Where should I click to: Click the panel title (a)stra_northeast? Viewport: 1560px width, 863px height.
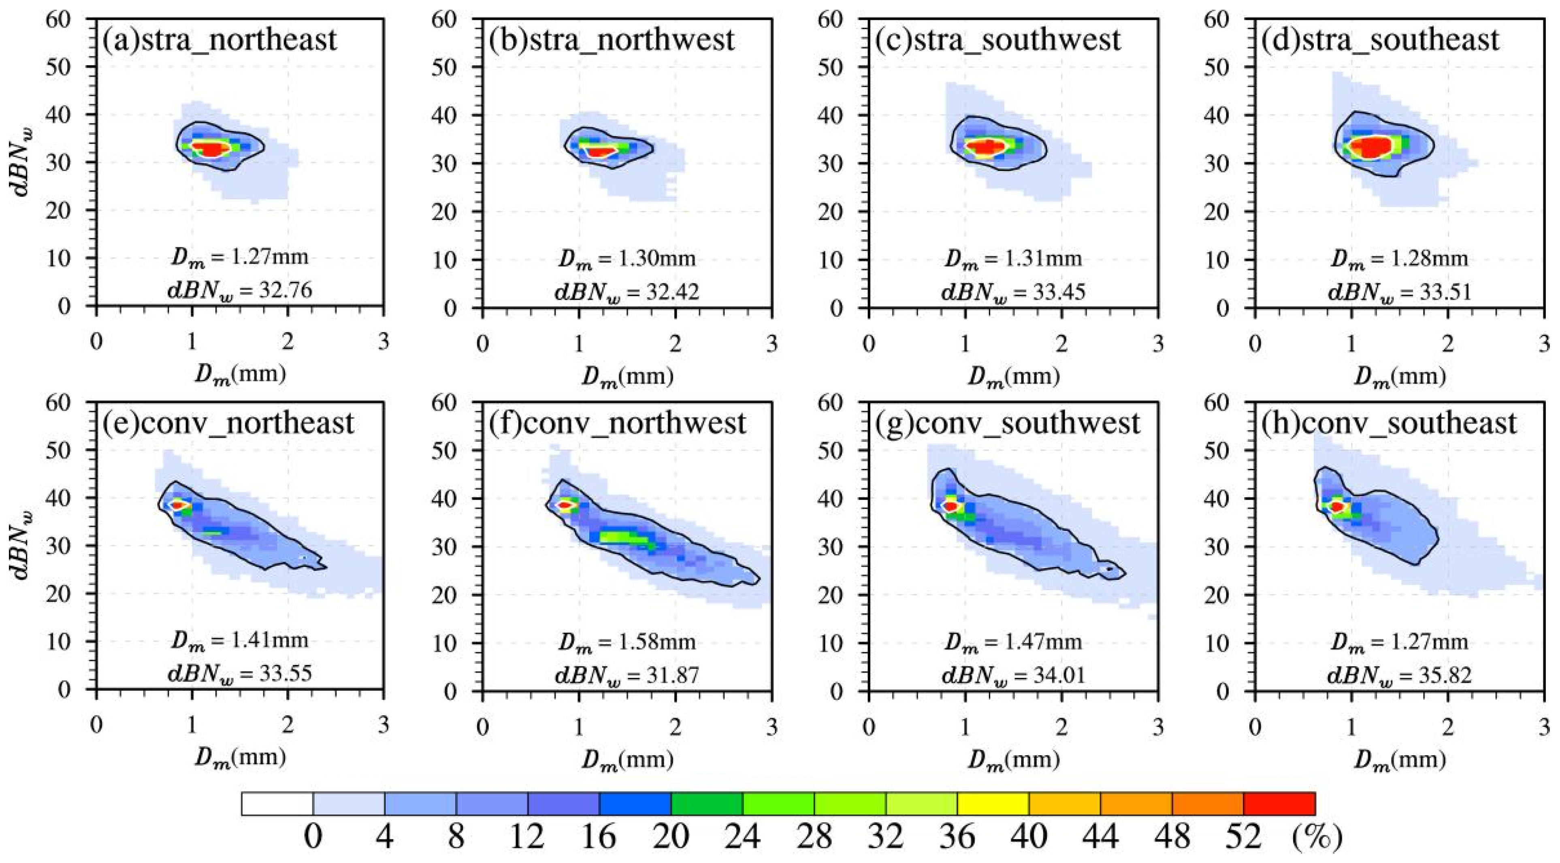click(x=219, y=40)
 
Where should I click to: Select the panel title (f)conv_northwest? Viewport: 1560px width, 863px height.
click(x=617, y=423)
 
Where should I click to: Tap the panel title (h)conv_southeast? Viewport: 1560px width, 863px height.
click(x=1389, y=423)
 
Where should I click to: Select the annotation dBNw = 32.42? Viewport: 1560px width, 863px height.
click(x=627, y=292)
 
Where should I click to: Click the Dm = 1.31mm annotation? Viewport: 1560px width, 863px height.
click(x=1012, y=259)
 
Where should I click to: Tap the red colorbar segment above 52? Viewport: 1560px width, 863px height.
click(x=1279, y=803)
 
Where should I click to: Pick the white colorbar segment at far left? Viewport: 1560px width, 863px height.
click(x=277, y=803)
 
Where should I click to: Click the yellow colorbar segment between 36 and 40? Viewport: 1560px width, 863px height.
click(x=993, y=803)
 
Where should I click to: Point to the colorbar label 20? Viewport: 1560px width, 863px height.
click(x=671, y=837)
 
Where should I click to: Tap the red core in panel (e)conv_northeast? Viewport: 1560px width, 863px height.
click(x=177, y=505)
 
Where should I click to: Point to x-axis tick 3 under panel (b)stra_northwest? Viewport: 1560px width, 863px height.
click(x=771, y=343)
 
